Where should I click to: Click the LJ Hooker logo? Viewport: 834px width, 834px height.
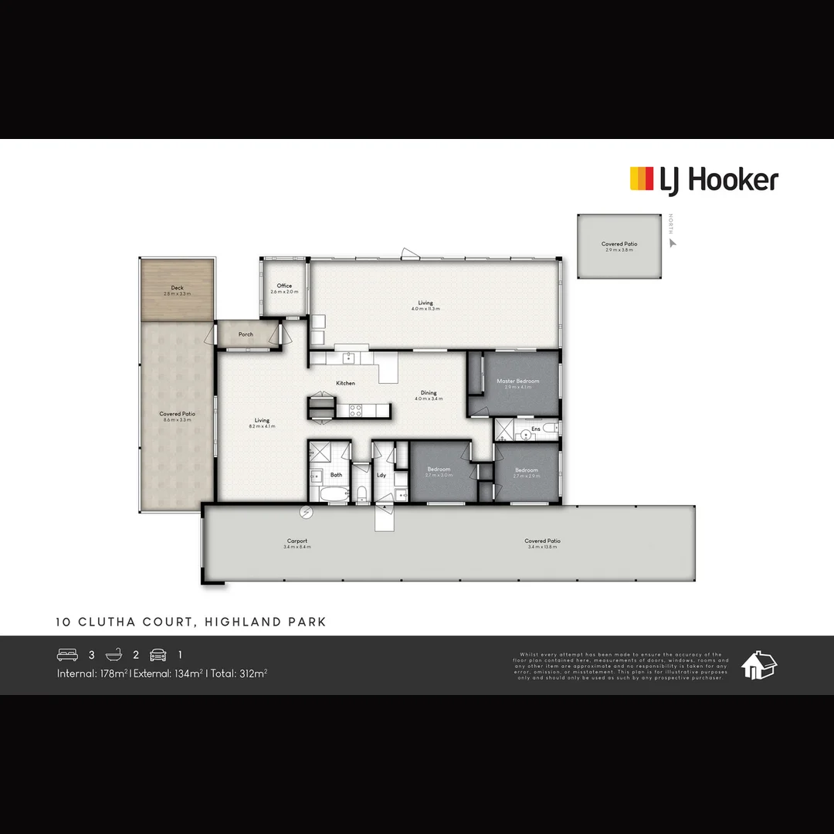point(703,180)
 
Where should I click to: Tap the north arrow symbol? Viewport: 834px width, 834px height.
point(672,242)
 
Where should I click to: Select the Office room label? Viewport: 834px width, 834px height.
point(284,286)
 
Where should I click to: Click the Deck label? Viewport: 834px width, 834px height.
point(177,288)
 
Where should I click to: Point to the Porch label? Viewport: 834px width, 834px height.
point(246,334)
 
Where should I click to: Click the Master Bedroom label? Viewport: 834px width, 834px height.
point(517,381)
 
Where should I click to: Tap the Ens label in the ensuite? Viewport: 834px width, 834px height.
point(535,428)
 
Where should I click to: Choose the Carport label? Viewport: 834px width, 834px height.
point(297,541)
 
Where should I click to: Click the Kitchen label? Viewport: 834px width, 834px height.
point(345,383)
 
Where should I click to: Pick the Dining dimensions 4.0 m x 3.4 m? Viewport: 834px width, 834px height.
point(428,399)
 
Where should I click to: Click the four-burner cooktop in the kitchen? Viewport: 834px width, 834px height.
point(356,411)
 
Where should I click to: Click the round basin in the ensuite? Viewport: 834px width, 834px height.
point(525,436)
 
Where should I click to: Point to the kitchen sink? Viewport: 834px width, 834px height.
point(349,358)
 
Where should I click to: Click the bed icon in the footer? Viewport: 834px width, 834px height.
point(68,655)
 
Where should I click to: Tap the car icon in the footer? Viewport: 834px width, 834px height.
point(158,655)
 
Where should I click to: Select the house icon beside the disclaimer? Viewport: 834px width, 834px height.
point(758,665)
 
